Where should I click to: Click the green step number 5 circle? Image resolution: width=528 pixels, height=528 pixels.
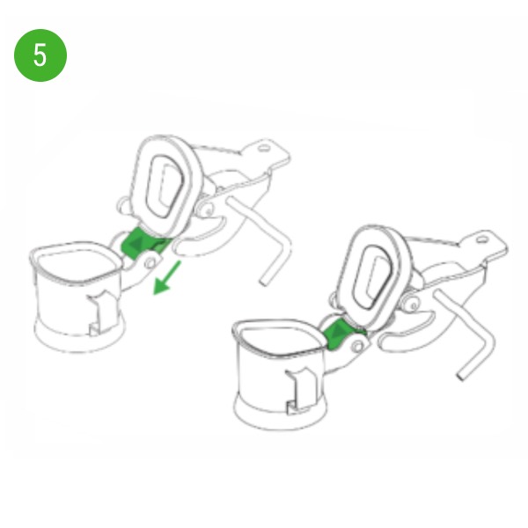coord(40,55)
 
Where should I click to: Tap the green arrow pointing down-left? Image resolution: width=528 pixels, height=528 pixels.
coord(167,278)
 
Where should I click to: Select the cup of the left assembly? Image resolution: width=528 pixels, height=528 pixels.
coord(77,297)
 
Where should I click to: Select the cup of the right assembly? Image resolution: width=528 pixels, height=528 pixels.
coord(280,374)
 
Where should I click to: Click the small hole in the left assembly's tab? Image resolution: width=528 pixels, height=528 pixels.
coord(264,148)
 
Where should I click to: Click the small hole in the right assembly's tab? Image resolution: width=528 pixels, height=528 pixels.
coord(482,239)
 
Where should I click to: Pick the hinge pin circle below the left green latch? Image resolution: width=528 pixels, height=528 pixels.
coord(150,263)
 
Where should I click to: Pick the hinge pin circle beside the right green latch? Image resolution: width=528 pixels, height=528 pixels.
coord(358,346)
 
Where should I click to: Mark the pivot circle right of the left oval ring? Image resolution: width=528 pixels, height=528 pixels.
coord(208,211)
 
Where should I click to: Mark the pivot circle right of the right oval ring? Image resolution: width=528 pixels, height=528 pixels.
coord(413,305)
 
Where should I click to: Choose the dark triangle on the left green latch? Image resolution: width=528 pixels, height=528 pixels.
coord(136,243)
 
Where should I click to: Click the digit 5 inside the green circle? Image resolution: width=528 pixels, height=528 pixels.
coord(40,55)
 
